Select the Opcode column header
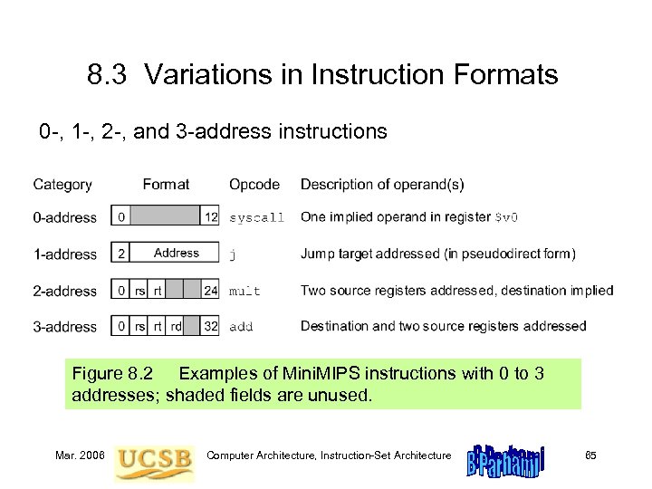click(254, 185)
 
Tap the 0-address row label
click(64, 217)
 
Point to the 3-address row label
click(64, 326)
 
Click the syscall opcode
click(256, 218)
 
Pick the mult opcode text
click(244, 291)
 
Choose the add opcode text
click(241, 326)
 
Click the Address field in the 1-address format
click(176, 254)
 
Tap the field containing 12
click(211, 217)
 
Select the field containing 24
click(211, 291)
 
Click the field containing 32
click(211, 326)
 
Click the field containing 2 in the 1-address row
click(121, 254)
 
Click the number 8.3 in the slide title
click(109, 74)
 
